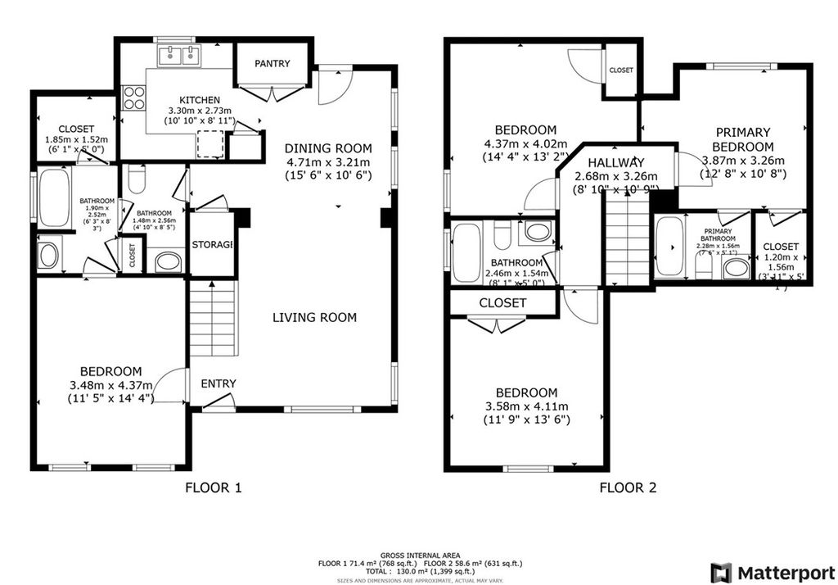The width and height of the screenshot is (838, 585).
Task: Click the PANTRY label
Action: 271,63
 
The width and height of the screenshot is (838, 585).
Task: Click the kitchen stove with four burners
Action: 133,97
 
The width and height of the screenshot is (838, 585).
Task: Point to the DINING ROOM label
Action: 328,148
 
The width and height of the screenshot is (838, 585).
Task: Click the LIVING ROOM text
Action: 314,317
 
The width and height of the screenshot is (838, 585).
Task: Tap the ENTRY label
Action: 219,383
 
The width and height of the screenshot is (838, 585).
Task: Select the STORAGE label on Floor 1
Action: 213,244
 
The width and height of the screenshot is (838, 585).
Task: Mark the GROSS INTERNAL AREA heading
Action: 419,556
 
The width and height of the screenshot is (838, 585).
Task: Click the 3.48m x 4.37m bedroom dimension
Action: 110,385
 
